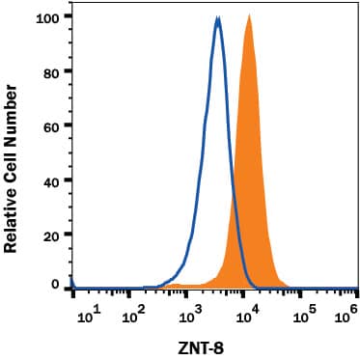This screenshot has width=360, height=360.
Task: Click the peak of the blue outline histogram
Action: tap(218, 18)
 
